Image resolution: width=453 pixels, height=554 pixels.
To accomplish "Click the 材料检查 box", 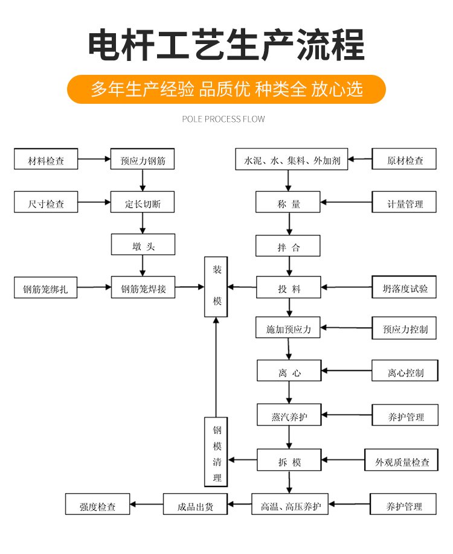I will (x=46, y=161).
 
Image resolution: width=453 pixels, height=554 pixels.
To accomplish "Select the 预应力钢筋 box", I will (x=143, y=161).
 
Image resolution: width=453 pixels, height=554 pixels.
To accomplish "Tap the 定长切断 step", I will (x=143, y=204).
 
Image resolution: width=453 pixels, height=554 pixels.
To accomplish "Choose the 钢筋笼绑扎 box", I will (x=46, y=288).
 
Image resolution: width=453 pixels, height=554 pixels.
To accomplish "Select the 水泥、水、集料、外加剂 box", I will (x=292, y=161).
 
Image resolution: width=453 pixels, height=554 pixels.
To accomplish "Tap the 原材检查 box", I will (x=405, y=161).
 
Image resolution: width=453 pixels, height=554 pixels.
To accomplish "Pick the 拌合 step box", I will (x=288, y=247).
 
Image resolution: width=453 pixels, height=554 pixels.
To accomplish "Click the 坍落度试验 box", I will (x=404, y=288).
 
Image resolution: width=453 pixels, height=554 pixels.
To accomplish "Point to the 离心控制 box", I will (x=404, y=373).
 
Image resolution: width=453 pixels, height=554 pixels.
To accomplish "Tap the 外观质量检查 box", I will (x=402, y=462).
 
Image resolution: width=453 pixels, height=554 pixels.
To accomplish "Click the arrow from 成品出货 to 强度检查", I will (x=147, y=504).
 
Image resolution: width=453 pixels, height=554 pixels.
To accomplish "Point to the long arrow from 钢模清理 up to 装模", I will (x=216, y=368).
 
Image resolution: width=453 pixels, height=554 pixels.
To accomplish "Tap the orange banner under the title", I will (x=226, y=89).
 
